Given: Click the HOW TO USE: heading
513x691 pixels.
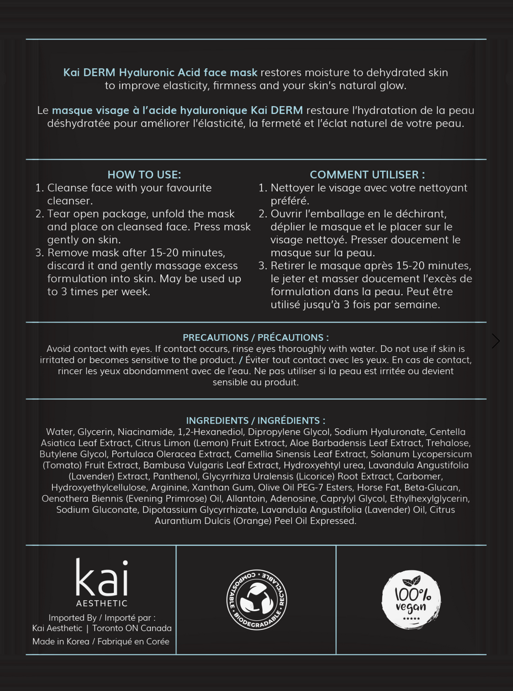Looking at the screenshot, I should pos(144,175).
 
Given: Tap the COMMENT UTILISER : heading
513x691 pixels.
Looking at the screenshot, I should pos(367,175).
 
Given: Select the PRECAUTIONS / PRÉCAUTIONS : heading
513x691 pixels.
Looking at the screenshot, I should pos(255,337).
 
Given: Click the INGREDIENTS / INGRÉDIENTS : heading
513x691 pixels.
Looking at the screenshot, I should pos(255,420).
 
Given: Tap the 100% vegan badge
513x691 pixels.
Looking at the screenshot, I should pos(411,600).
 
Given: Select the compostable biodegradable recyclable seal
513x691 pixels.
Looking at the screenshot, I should pos(256,600).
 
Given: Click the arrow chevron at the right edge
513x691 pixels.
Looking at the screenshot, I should pos(495,341).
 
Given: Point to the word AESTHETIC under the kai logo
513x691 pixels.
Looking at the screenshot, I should pos(102,603).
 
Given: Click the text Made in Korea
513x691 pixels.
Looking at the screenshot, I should pos(61,641).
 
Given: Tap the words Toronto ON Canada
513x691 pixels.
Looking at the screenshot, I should pos(132,628).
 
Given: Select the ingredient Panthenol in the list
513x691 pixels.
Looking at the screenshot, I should pos(175,476).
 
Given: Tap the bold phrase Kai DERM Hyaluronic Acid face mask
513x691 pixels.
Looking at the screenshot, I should pos(160,72).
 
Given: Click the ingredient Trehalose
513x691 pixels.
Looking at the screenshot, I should pos(447,443).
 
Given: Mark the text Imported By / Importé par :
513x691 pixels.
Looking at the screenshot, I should pos(102,618).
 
